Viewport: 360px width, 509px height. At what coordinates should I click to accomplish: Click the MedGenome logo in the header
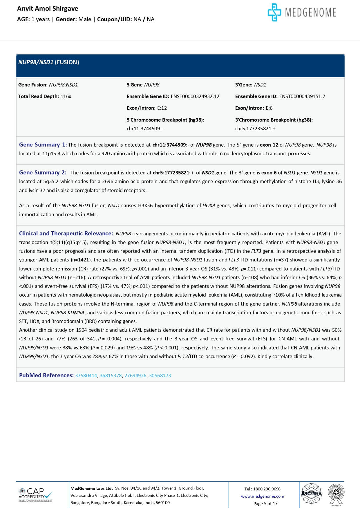click(x=302, y=12)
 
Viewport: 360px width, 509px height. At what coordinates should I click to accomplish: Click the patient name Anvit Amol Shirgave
click(x=48, y=9)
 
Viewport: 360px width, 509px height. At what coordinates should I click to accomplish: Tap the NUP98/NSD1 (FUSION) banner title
click(x=48, y=62)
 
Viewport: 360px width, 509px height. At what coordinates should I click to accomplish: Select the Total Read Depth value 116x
click(x=66, y=96)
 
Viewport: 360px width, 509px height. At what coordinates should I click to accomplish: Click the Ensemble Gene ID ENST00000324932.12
click(x=195, y=96)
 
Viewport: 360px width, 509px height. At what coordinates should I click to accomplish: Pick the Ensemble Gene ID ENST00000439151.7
click(x=302, y=96)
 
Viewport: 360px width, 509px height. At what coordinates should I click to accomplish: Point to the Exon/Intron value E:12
click(x=162, y=108)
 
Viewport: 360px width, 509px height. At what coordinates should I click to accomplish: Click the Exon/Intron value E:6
click(x=269, y=108)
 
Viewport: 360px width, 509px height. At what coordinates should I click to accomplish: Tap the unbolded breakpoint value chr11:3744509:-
click(x=145, y=129)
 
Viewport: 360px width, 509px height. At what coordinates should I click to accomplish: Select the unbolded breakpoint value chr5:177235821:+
click(x=255, y=129)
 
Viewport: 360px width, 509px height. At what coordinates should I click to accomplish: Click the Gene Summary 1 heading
click(x=43, y=145)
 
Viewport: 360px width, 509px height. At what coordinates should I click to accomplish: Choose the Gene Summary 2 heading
click(x=43, y=172)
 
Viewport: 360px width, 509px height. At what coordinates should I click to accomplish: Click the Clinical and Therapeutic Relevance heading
click(x=66, y=233)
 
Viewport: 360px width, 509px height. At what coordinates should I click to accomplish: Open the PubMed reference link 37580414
click(x=86, y=376)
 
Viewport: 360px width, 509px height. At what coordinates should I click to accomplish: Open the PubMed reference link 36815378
click(x=111, y=376)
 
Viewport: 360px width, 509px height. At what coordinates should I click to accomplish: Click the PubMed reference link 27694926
click(x=135, y=376)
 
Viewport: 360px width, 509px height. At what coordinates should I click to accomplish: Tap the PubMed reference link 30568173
click(x=160, y=376)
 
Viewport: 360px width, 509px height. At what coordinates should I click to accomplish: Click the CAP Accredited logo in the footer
click(x=35, y=495)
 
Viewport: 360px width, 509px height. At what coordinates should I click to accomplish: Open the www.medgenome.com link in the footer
click(x=263, y=496)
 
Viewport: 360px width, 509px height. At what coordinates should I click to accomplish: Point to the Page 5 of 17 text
click(x=265, y=503)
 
